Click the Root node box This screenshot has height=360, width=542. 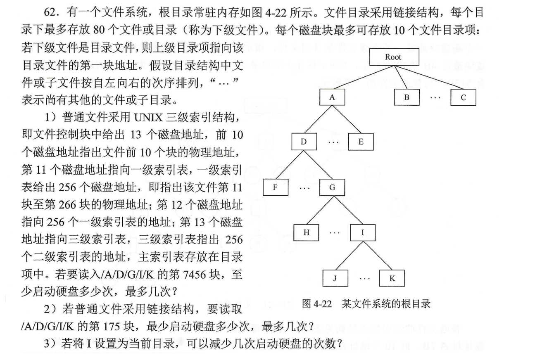click(x=393, y=57)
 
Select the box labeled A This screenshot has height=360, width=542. click(x=332, y=98)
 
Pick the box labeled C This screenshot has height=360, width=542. click(x=463, y=98)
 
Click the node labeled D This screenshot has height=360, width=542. click(x=304, y=142)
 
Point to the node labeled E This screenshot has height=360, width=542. click(x=361, y=142)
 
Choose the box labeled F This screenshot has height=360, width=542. click(x=275, y=187)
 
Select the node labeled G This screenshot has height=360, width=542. click(x=332, y=187)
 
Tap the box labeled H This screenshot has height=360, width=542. click(x=306, y=232)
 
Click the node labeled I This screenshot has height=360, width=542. click(x=363, y=232)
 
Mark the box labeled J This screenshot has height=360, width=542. click(x=335, y=278)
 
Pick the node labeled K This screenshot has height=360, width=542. click(x=392, y=278)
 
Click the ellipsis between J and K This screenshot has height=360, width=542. click(x=364, y=278)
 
